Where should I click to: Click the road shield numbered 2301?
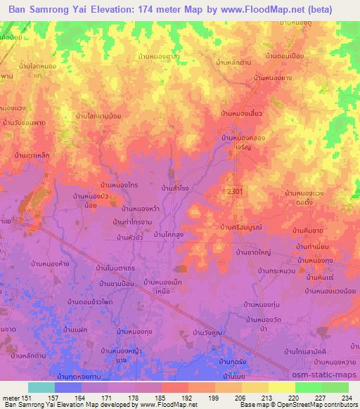click(x=236, y=191)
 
